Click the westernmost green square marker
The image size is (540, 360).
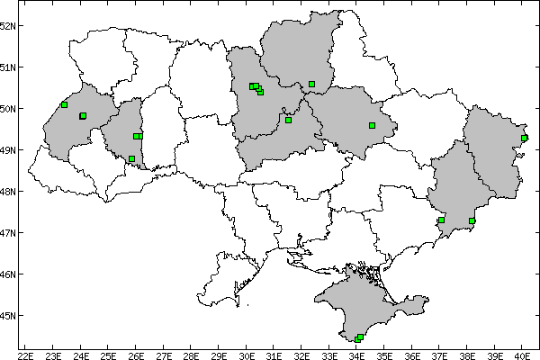click(x=64, y=104)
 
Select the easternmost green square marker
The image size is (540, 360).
click(x=525, y=138)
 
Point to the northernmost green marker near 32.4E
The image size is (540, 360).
click(x=311, y=84)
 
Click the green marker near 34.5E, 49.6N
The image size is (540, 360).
click(x=372, y=125)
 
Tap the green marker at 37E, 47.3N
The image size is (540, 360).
click(x=441, y=220)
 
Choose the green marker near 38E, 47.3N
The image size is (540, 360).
click(x=472, y=220)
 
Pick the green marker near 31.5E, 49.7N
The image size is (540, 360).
click(x=288, y=120)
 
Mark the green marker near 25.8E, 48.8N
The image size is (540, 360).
click(x=131, y=158)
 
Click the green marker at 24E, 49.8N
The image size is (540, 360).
click(x=83, y=115)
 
